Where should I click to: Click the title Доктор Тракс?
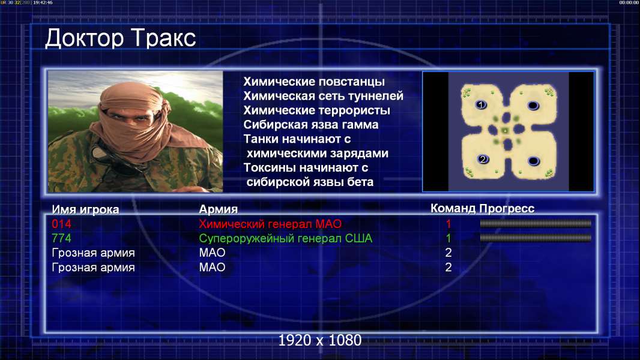point(121,39)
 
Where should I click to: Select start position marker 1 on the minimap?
point(481,105)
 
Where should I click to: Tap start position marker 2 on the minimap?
point(483,159)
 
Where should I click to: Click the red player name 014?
point(61,224)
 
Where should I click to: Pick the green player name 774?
point(61,238)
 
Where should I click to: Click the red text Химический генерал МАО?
point(270,224)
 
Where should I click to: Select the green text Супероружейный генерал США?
point(285,238)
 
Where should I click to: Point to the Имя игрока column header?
point(85,209)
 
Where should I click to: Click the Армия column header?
point(218,209)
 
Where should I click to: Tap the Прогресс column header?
point(507,208)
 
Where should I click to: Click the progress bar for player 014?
point(536,223)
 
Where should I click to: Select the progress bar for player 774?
point(536,238)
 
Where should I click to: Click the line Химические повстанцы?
point(314,82)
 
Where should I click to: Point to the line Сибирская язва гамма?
point(310,125)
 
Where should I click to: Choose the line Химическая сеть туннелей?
point(323,96)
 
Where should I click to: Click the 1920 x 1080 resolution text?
point(320,340)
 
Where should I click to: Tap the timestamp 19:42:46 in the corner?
point(43,2)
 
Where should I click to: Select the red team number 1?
point(448,224)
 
